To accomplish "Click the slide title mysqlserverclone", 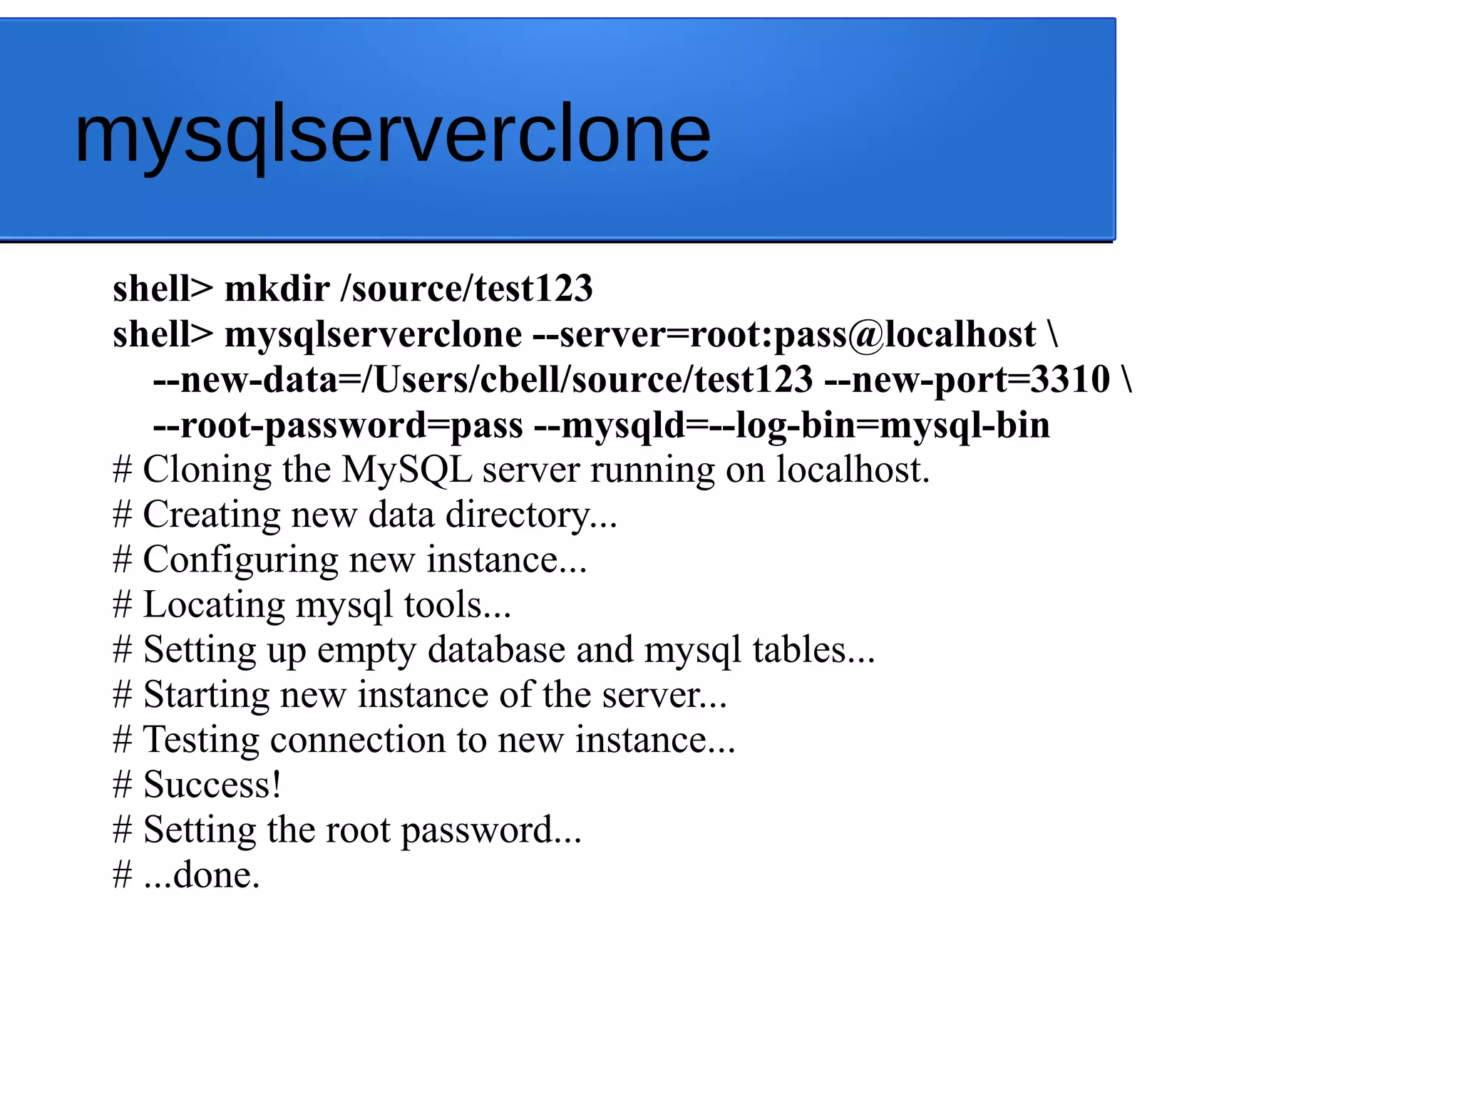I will point(392,134).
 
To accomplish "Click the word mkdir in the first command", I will point(277,289).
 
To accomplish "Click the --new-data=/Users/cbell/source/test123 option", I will point(483,379).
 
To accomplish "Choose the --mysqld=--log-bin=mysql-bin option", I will point(792,425).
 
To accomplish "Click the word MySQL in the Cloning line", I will point(406,470).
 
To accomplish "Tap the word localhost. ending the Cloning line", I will point(853,470).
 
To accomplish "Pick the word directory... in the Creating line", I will point(531,515).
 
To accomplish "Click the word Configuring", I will point(240,560).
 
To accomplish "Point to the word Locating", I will point(214,605).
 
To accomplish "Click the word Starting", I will point(206,695).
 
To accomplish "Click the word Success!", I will point(212,785).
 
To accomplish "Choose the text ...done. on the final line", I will point(202,875).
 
